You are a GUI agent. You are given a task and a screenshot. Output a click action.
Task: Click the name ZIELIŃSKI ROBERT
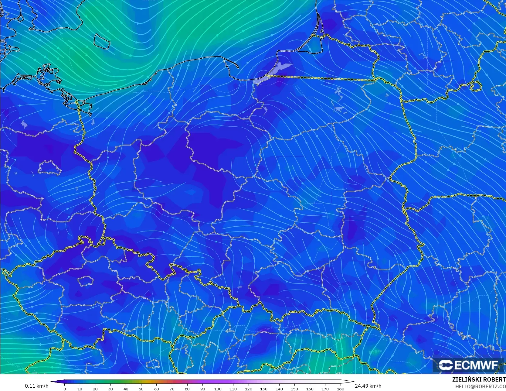click(x=479, y=380)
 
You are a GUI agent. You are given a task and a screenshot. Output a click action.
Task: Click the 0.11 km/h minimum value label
click(x=36, y=386)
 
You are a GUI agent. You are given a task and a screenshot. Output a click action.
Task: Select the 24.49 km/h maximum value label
click(x=368, y=386)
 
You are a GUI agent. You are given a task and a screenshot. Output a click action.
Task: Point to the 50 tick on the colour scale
click(x=141, y=389)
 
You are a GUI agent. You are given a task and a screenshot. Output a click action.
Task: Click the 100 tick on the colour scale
click(x=218, y=389)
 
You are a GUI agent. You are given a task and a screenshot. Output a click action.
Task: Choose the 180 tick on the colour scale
click(x=341, y=389)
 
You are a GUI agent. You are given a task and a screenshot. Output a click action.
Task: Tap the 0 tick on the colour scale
click(x=65, y=389)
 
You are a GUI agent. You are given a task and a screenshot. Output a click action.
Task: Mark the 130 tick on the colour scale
click(x=264, y=389)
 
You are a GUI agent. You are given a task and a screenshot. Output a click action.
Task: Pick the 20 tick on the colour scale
click(x=95, y=389)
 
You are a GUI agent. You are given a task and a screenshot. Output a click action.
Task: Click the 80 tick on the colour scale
click(x=187, y=389)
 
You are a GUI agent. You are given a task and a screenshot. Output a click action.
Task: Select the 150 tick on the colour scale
click(x=294, y=389)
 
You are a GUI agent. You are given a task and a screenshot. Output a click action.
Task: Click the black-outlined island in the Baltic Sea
click(x=102, y=41)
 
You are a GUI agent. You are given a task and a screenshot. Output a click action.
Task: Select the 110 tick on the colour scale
click(x=233, y=389)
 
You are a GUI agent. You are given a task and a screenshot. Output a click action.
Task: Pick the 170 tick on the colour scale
click(x=325, y=389)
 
